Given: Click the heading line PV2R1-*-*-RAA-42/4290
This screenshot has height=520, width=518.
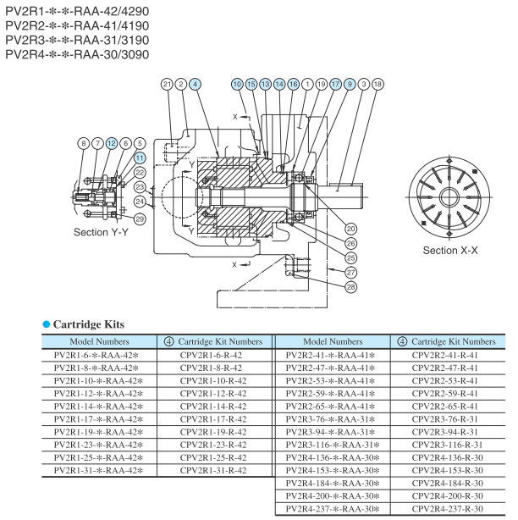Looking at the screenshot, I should pos(70,11).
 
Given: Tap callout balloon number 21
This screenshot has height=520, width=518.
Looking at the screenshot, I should pos(167,84).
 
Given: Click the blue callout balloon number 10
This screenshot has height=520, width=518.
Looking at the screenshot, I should pos(237,84).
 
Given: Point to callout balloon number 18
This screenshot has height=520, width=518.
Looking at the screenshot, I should pos(377,84).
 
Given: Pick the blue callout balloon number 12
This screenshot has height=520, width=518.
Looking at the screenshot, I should pos(111,143).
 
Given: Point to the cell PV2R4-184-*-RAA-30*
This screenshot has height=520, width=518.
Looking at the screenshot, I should pos(333,484).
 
